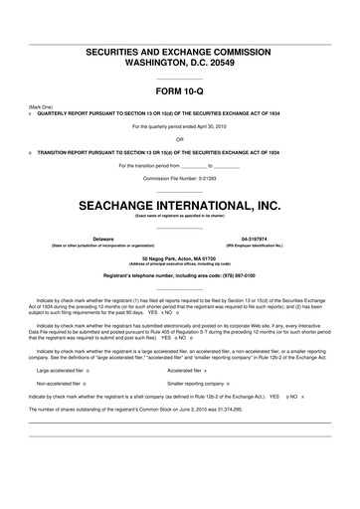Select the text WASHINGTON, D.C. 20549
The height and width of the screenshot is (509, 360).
click(x=180, y=61)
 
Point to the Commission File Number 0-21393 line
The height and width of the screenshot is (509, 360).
click(x=180, y=177)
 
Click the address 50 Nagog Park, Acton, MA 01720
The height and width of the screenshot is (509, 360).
click(x=179, y=257)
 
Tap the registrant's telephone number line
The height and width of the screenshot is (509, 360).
click(x=180, y=274)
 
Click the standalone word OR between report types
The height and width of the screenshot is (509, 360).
click(x=180, y=138)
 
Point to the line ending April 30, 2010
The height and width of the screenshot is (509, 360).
click(x=180, y=126)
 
